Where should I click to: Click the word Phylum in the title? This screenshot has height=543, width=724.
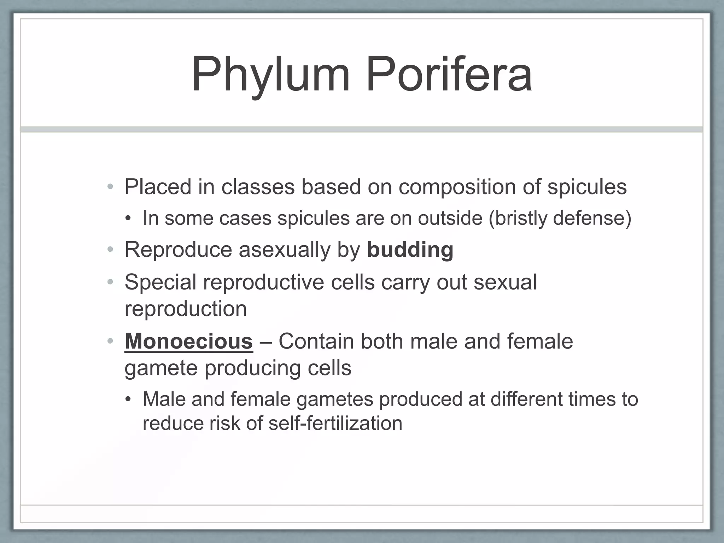(x=270, y=75)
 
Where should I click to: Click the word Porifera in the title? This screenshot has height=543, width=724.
(x=448, y=75)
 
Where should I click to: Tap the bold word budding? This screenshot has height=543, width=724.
(x=410, y=250)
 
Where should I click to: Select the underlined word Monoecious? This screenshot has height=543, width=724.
(x=188, y=341)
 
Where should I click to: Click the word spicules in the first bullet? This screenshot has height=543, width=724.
(x=587, y=187)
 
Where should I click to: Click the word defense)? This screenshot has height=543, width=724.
(x=592, y=218)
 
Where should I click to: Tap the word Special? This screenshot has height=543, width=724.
(x=160, y=282)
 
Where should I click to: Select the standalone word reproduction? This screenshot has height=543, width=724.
(x=186, y=309)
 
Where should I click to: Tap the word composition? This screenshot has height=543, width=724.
(x=457, y=187)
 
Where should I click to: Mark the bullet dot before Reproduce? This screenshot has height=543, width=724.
(x=111, y=250)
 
